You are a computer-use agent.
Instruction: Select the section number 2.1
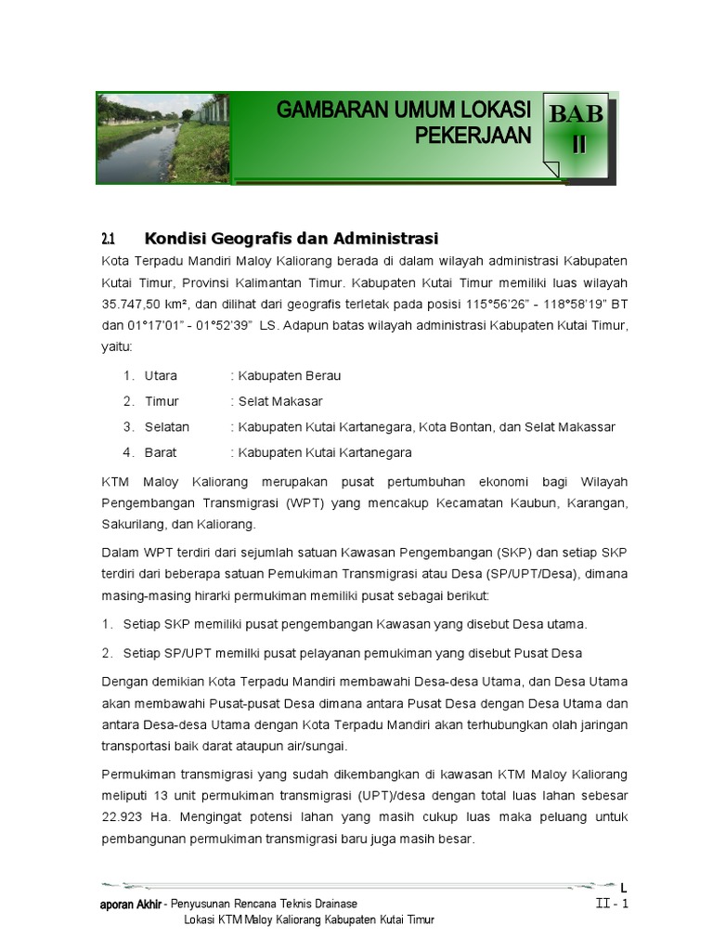[110, 240]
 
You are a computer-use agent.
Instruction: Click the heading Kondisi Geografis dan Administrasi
[291, 239]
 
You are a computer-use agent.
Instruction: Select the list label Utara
[161, 376]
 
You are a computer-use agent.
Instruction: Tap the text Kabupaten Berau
[289, 376]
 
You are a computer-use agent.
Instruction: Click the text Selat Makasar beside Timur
[279, 401]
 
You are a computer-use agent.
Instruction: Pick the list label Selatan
[167, 427]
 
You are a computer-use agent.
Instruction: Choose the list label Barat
[161, 452]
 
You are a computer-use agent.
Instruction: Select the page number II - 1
[612, 904]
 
